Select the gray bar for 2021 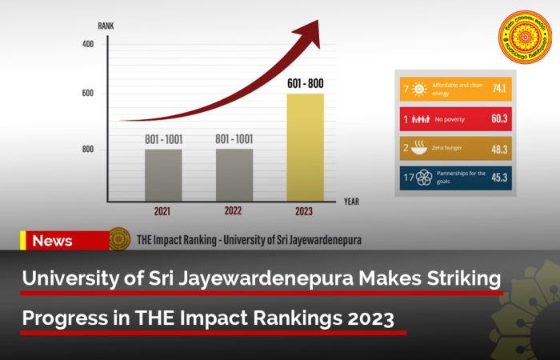pos(163,174)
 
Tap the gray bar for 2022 pos(234,174)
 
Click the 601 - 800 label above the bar pos(306,83)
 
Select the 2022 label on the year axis pos(234,212)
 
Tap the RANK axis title pos(106,26)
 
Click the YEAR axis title pos(351,202)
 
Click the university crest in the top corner pos(525,37)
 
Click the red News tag pos(53,241)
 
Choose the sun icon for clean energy pos(418,89)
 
